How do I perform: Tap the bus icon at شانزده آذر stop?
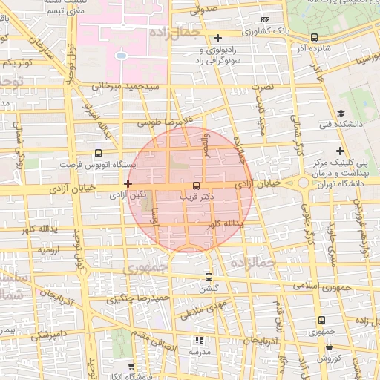314,37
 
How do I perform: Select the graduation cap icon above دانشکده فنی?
341,113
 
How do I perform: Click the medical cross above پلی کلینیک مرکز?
339,151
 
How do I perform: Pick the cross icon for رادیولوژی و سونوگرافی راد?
217,38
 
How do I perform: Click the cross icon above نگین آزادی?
128,183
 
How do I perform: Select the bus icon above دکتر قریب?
196,185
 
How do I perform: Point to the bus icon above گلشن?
208,276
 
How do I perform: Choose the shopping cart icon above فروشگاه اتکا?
131,367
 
